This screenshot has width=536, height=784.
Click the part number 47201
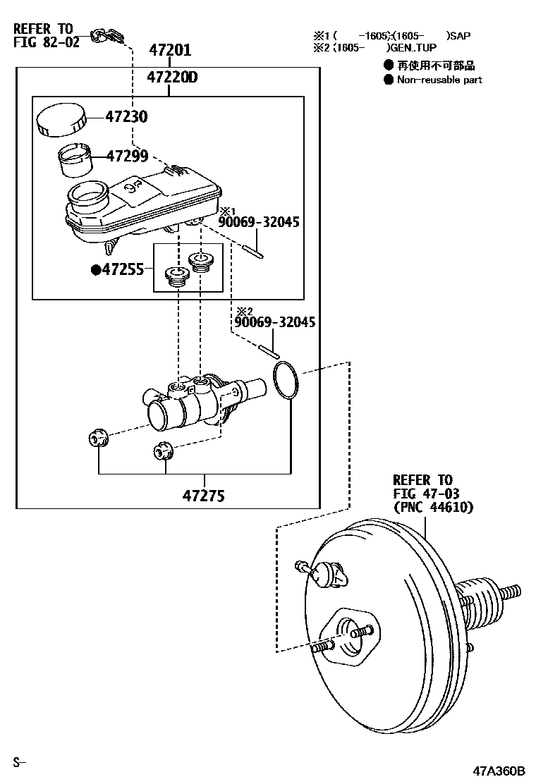click(x=170, y=51)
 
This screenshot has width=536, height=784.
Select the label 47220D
click(x=172, y=78)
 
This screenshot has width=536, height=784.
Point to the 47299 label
click(x=127, y=156)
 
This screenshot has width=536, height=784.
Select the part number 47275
click(x=204, y=496)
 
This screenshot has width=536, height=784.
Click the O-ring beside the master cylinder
click(x=286, y=381)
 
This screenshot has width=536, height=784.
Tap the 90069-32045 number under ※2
click(x=274, y=322)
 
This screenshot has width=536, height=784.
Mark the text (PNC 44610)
click(x=433, y=507)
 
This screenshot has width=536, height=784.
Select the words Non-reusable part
click(x=439, y=80)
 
